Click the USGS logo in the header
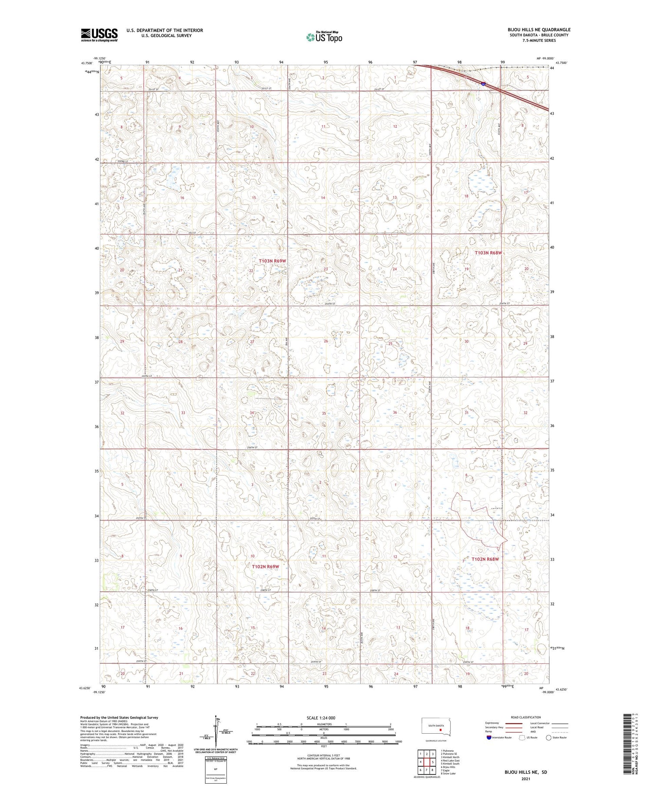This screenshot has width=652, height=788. (x=99, y=35)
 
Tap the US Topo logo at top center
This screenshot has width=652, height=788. (x=324, y=37)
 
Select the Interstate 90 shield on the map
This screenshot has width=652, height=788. (x=483, y=84)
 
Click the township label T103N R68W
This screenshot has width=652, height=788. (x=488, y=253)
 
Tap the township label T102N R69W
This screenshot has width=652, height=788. (x=265, y=567)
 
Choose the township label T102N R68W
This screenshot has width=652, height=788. (x=485, y=559)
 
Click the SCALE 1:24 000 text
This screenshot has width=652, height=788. (x=324, y=718)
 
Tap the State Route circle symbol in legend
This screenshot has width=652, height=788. (x=549, y=737)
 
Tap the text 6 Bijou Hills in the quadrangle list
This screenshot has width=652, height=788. (x=449, y=767)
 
